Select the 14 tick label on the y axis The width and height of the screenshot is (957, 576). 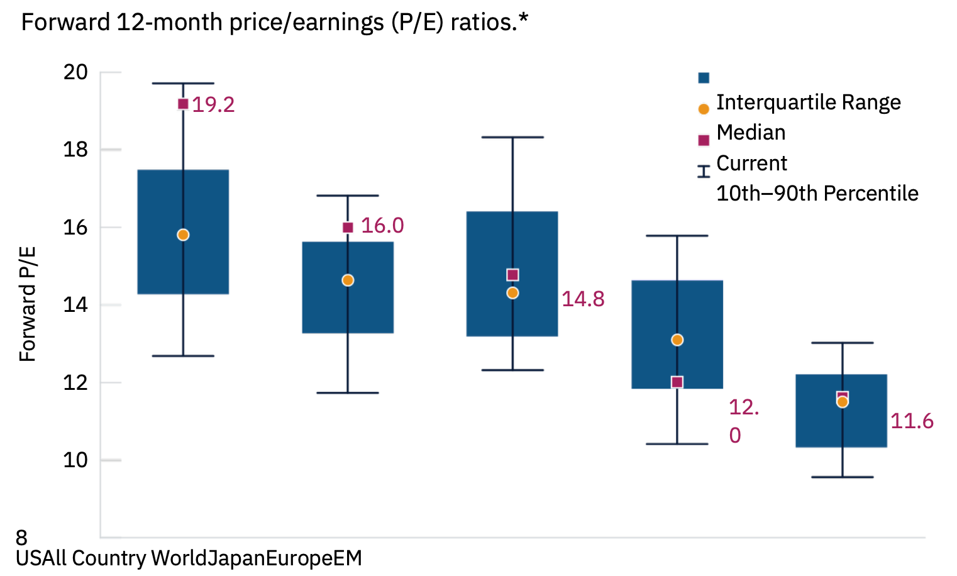click(x=75, y=305)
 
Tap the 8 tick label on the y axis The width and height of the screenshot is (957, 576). click(x=22, y=538)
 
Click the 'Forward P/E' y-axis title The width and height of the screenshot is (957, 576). click(x=28, y=304)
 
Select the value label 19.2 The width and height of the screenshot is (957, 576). click(x=213, y=104)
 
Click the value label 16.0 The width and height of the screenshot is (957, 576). click(x=382, y=226)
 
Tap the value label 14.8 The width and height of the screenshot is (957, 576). click(x=583, y=299)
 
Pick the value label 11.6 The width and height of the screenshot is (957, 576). click(x=912, y=421)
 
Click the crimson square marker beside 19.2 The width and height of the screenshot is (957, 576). click(x=183, y=104)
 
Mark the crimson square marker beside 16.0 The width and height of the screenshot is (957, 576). click(x=348, y=227)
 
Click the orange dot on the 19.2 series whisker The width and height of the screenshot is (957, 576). click(x=183, y=235)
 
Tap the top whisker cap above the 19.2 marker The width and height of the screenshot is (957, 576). click(x=183, y=83)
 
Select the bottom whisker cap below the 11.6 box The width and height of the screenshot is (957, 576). click(x=842, y=477)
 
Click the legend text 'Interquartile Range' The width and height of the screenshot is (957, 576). click(x=808, y=102)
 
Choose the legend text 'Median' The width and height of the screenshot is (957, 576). click(x=751, y=133)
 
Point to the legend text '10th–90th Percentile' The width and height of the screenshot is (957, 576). click(x=817, y=194)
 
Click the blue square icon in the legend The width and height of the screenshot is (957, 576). click(x=704, y=78)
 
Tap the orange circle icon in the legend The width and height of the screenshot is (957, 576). click(x=704, y=109)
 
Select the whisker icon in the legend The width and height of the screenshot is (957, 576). click(x=704, y=171)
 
